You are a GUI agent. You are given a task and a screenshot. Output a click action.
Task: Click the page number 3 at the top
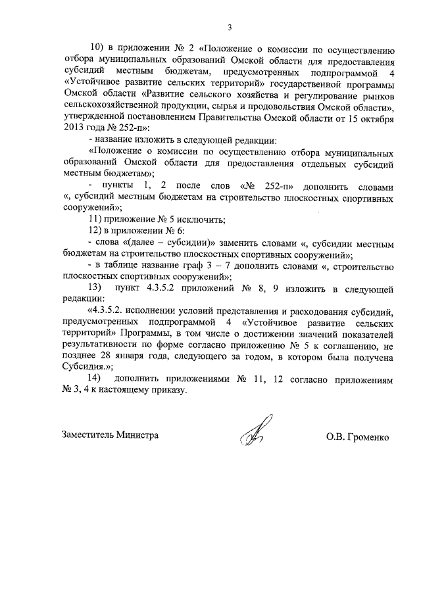click(230, 27)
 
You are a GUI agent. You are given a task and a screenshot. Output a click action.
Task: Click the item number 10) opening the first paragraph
click(97, 49)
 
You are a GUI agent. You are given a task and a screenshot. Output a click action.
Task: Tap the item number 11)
click(97, 219)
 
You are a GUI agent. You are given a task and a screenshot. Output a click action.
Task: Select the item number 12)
click(97, 231)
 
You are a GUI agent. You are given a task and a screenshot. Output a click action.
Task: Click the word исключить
click(200, 219)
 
